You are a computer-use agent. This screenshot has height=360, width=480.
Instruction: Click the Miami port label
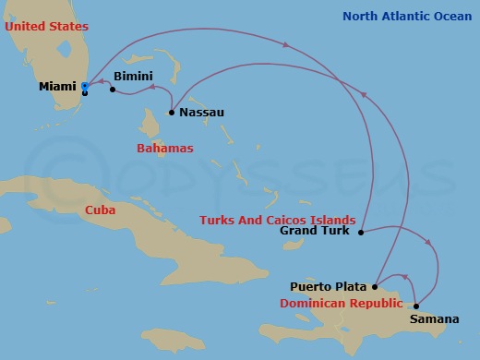[57, 87]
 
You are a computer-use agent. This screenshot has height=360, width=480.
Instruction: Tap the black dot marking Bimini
[112, 90]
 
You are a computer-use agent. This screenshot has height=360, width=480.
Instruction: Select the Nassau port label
[201, 113]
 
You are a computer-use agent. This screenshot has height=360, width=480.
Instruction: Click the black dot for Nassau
[172, 113]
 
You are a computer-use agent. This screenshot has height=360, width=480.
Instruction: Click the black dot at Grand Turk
[361, 232]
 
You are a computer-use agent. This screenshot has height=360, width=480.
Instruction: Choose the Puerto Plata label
[330, 286]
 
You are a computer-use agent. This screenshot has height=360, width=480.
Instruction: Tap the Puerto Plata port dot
[376, 286]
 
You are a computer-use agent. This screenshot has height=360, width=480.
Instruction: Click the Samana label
[434, 319]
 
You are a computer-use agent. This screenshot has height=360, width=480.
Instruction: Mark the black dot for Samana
[416, 306]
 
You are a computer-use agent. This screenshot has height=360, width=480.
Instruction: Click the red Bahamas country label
[164, 148]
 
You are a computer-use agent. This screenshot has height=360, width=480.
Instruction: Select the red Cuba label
[100, 210]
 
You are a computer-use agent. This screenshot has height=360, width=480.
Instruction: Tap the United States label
[40, 26]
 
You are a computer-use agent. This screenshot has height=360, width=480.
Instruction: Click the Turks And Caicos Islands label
[278, 220]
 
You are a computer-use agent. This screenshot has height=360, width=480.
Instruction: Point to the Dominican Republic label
[342, 303]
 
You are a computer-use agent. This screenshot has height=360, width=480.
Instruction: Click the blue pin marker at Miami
[84, 87]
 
